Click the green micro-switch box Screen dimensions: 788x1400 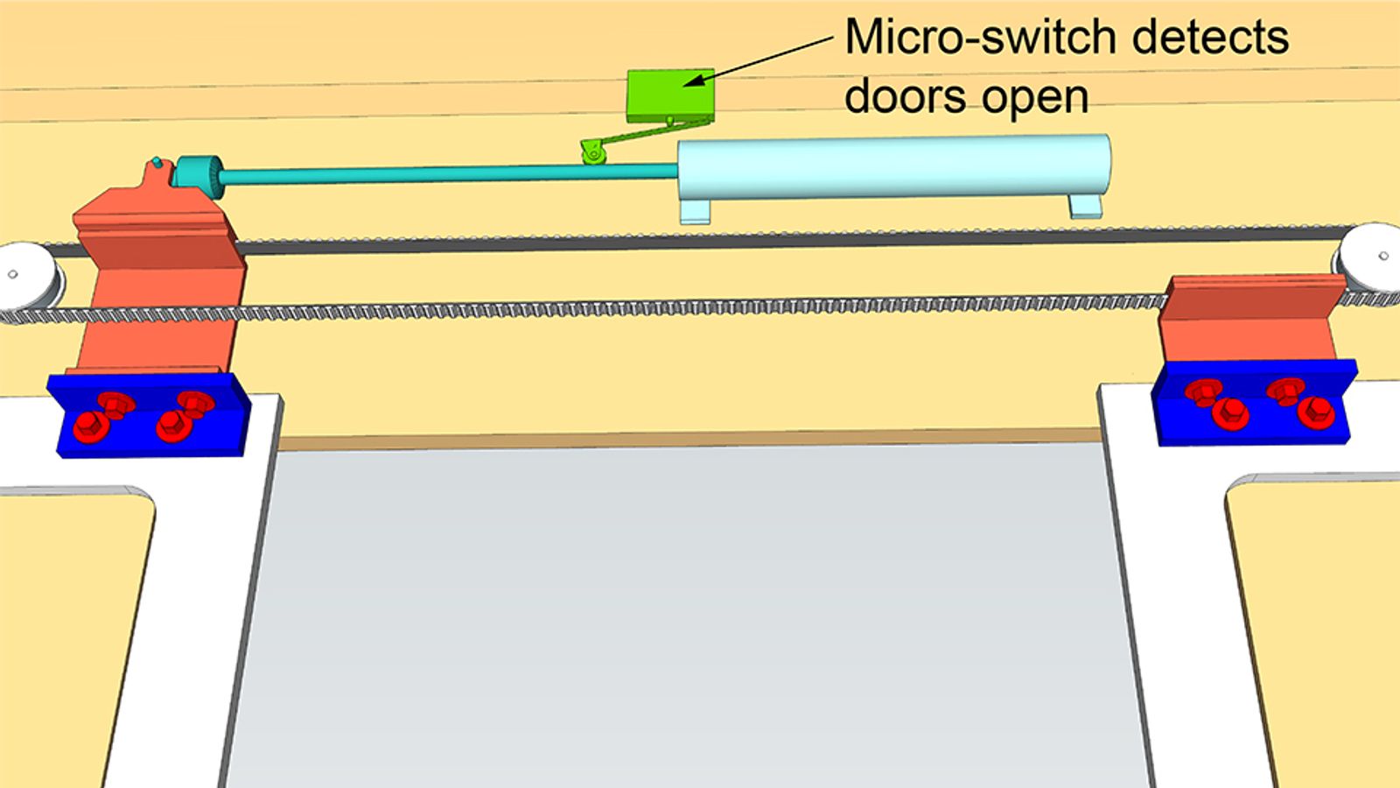(x=670, y=95)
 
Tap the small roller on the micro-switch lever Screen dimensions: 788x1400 (x=594, y=156)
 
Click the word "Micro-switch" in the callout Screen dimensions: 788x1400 (x=981, y=38)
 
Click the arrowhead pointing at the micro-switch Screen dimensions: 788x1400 (x=692, y=82)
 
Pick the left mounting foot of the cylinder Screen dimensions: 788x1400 (x=696, y=211)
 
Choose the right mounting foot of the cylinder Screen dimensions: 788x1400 (x=1085, y=205)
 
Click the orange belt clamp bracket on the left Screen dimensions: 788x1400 (x=157, y=280)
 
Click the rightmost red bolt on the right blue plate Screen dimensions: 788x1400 (x=1315, y=412)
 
